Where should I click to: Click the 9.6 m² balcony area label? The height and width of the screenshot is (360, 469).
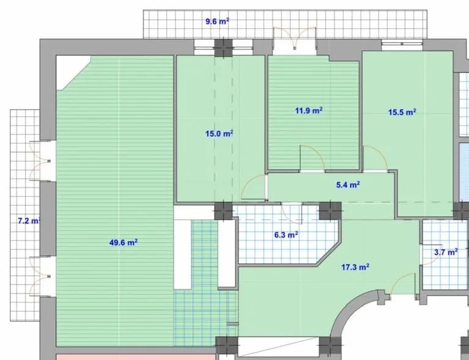click(x=217, y=21)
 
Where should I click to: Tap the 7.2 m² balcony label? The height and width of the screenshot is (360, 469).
click(x=29, y=221)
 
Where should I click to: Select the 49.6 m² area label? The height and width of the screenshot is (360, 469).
click(x=123, y=242)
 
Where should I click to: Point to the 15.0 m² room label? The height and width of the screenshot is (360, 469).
click(x=219, y=134)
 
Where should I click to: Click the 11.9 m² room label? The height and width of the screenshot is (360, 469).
click(x=308, y=110)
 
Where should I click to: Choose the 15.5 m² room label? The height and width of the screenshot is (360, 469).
click(x=402, y=112)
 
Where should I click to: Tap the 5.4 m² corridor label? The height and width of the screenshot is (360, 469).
click(x=348, y=185)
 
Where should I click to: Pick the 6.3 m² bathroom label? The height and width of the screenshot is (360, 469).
click(x=286, y=235)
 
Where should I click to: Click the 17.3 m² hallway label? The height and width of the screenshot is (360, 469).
click(x=355, y=267)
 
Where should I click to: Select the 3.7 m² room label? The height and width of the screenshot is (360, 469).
click(x=446, y=252)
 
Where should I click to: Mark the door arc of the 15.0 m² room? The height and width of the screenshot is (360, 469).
click(x=254, y=187)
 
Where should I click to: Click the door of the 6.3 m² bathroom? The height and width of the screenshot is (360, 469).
click(x=292, y=213)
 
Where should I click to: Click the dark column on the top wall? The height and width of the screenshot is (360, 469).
click(x=224, y=48)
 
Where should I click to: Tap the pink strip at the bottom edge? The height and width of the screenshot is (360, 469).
click(x=136, y=357)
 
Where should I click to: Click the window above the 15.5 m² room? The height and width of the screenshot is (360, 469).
click(x=402, y=44)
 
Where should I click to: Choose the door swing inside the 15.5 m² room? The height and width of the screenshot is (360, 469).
click(x=376, y=159)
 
